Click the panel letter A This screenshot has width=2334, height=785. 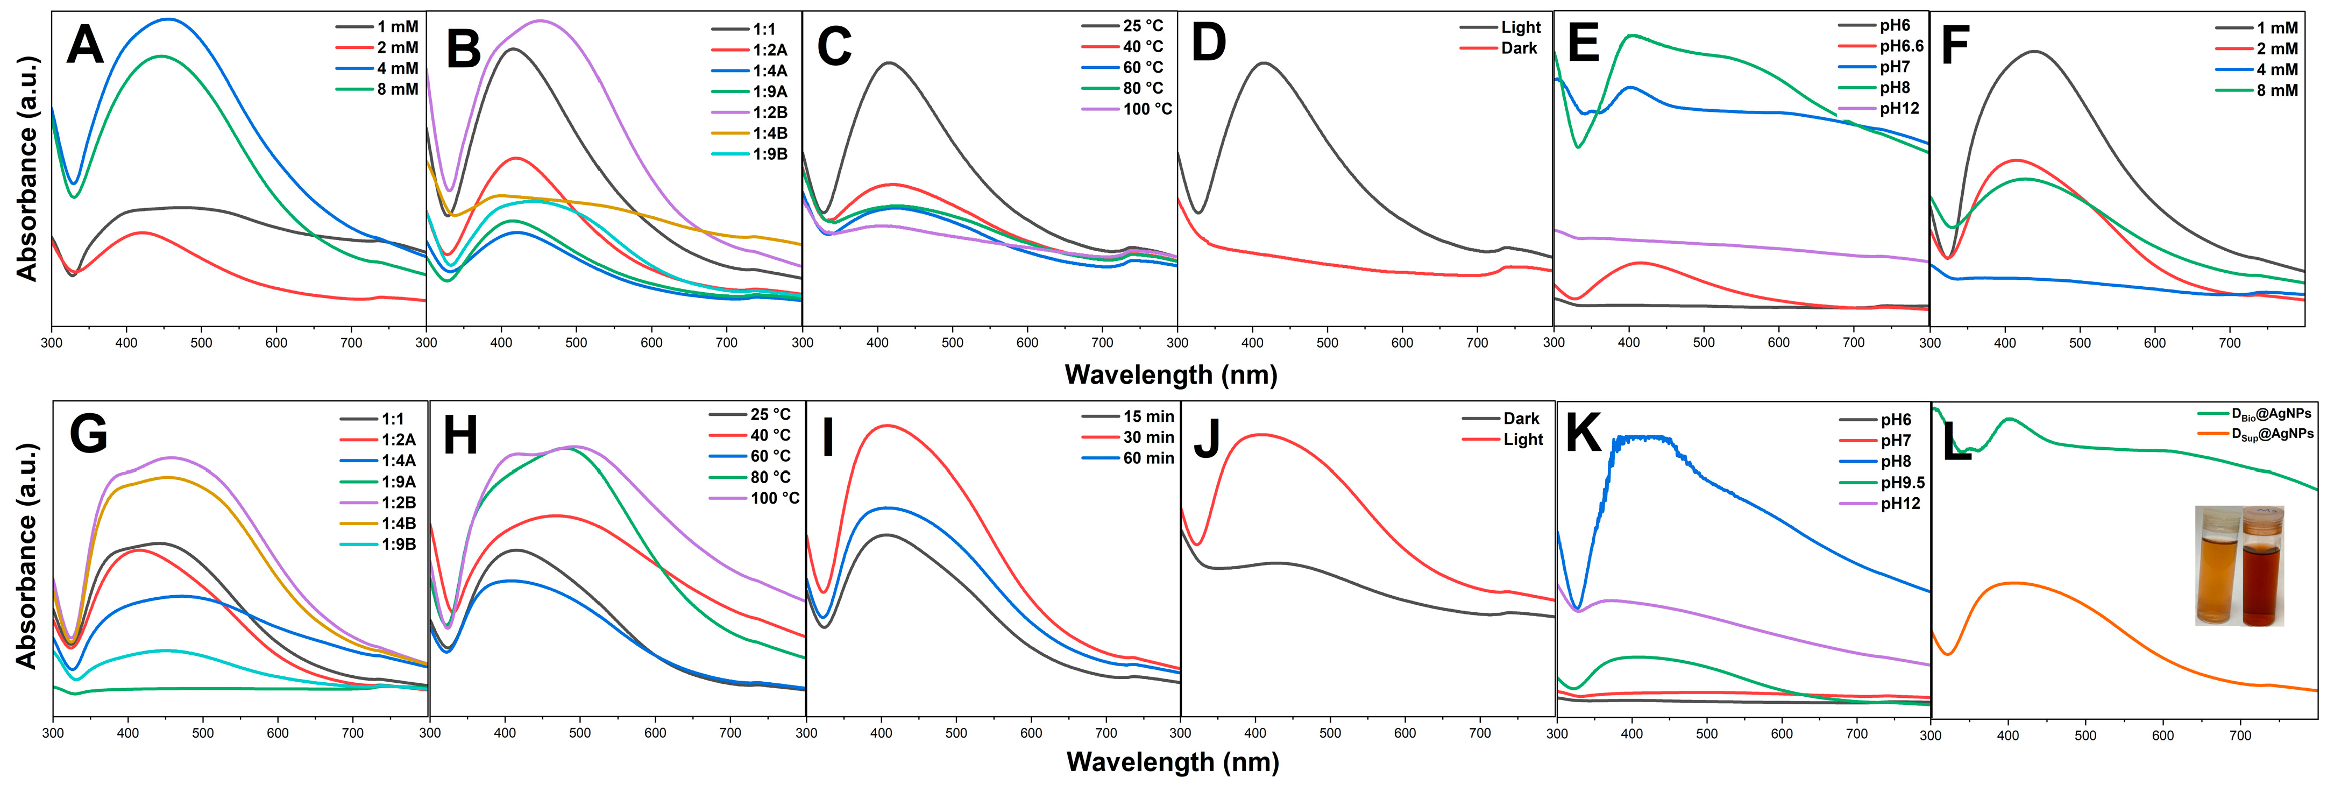click(x=85, y=45)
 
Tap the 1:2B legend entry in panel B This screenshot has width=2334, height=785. click(x=769, y=112)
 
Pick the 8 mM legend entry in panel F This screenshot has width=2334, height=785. click(x=2277, y=90)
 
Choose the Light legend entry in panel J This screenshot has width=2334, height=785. click(x=1523, y=440)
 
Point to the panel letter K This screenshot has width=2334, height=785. click(x=1583, y=433)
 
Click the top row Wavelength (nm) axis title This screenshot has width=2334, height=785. click(x=1170, y=374)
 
